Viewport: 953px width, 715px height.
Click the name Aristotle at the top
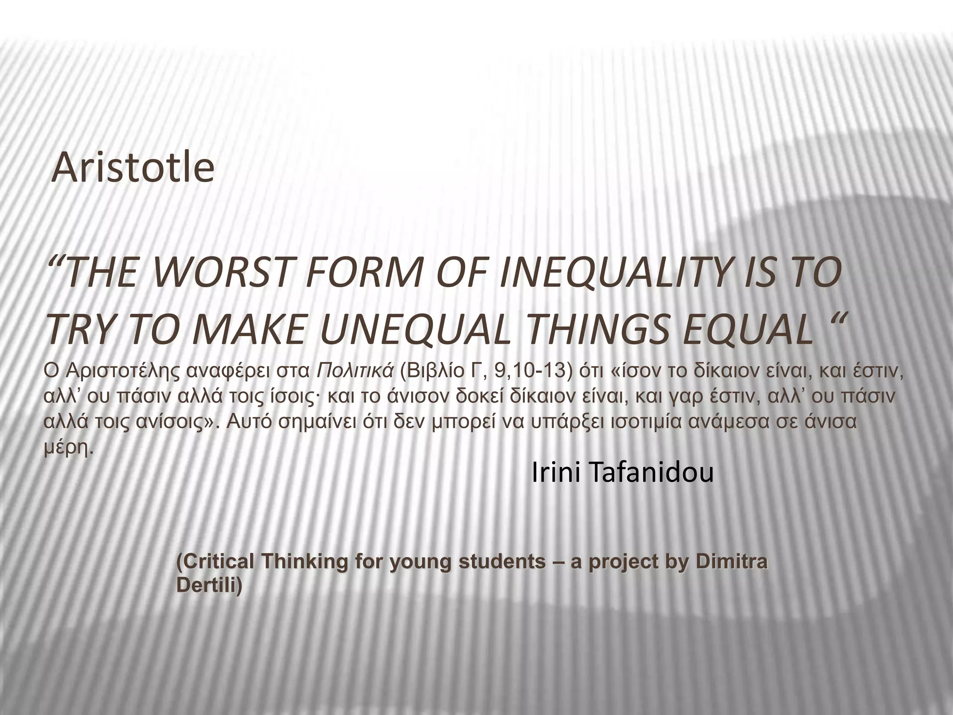click(x=133, y=168)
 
